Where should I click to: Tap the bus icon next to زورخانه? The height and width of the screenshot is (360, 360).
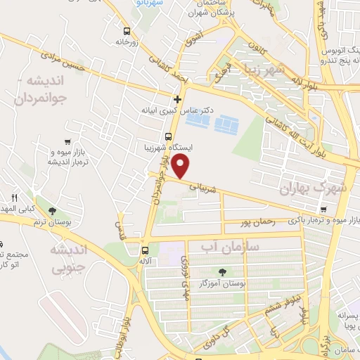pos(127,31)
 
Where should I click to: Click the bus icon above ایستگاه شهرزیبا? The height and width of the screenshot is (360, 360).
pos(168,136)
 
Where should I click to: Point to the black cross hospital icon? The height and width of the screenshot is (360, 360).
pos(178,99)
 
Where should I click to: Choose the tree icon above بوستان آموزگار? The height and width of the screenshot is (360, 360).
pos(223,272)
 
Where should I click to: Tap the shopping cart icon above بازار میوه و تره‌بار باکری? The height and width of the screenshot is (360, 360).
pos(323,209)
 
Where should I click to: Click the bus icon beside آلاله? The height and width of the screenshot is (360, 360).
pos(145,250)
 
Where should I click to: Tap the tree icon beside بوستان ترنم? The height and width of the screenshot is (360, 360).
pos(51,210)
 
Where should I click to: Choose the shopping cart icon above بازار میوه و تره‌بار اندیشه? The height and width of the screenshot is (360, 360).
pos(66,141)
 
